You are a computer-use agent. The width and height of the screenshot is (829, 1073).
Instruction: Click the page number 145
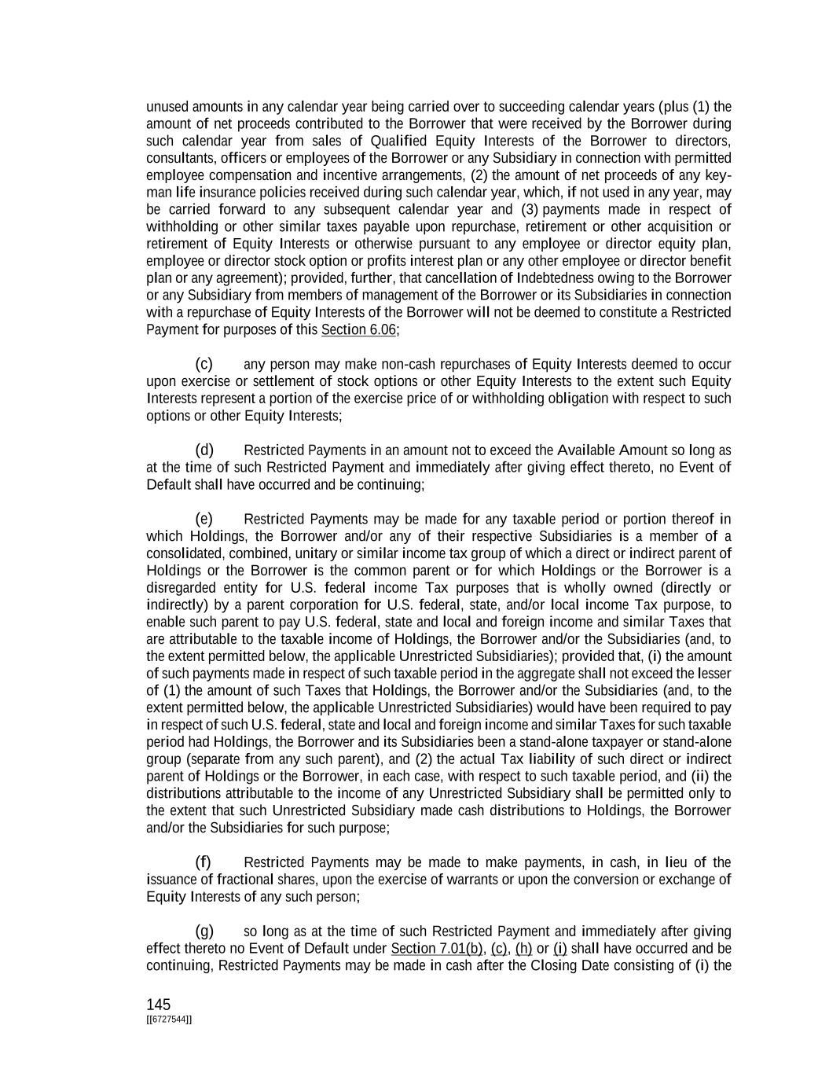(x=158, y=1004)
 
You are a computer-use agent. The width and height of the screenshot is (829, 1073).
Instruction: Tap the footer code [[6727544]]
(x=169, y=1020)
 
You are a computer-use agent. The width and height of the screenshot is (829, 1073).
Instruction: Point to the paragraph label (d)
(x=204, y=450)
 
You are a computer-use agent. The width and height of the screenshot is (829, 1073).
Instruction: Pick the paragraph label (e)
(x=204, y=519)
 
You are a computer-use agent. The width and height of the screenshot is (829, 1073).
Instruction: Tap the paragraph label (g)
(x=204, y=931)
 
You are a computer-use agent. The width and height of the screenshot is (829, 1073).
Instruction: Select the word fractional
(x=244, y=880)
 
